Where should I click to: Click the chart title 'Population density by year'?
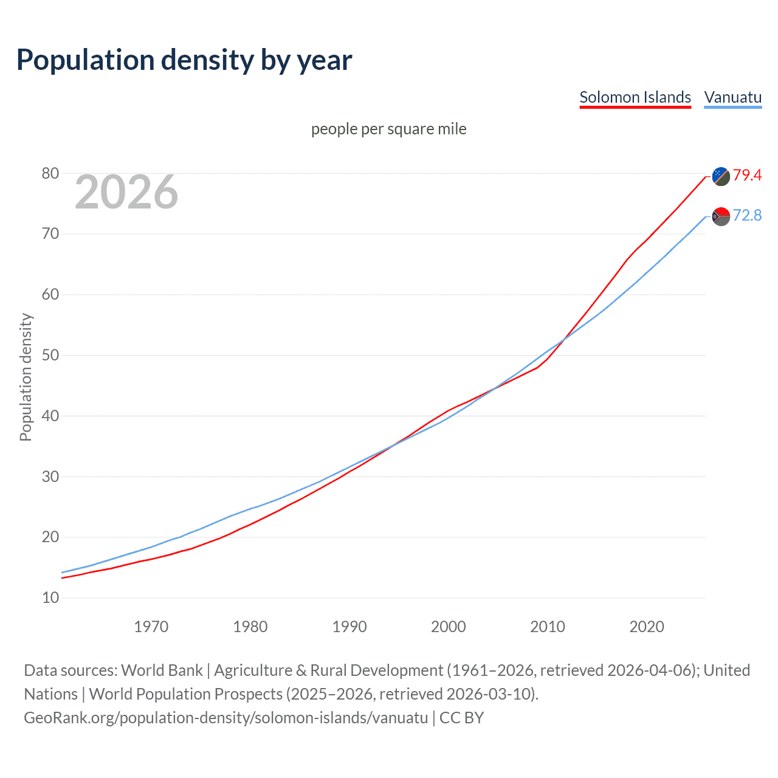point(184,60)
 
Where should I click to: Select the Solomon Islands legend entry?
point(635,97)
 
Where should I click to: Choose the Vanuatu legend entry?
point(732,97)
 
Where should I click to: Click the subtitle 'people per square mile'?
point(389,129)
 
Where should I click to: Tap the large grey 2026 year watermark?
point(126,192)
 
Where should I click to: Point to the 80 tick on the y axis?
point(50,174)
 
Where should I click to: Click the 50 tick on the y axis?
point(50,356)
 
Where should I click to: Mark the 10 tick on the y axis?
point(50,598)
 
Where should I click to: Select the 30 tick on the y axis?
point(50,477)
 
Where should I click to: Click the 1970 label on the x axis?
point(151,627)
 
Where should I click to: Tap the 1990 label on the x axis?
point(349,627)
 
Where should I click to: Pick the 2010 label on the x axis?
point(547,627)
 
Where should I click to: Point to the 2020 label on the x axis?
point(646,627)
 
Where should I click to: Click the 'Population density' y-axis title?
point(26,377)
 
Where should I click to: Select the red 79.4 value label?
point(747,176)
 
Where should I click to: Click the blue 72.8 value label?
point(747,216)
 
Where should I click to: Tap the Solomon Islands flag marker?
point(721,176)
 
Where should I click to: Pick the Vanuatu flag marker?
point(721,216)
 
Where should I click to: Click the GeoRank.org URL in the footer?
point(225,718)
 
